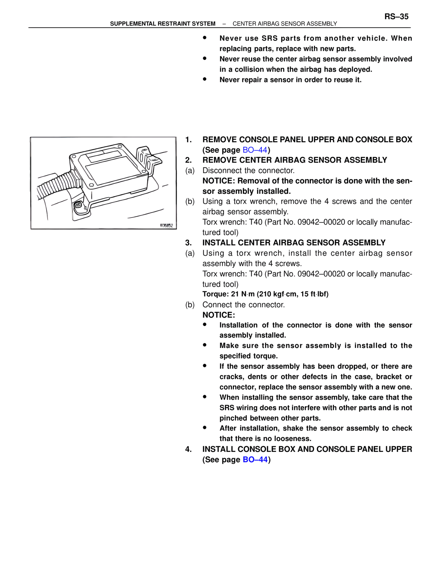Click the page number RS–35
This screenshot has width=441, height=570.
pyautogui.click(x=396, y=17)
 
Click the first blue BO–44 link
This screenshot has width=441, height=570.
pyautogui.click(x=255, y=150)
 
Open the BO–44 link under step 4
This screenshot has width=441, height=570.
pyautogui.click(x=255, y=460)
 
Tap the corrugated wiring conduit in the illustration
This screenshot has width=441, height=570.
pyautogui.click(x=57, y=184)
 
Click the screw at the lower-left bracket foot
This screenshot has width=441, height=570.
pyautogui.click(x=79, y=206)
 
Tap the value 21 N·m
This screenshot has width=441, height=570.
pyautogui.click(x=243, y=294)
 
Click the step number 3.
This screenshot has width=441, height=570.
pyautogui.click(x=188, y=243)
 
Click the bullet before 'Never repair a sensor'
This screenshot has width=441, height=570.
pyautogui.click(x=205, y=79)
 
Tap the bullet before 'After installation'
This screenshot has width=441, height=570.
pyautogui.click(x=205, y=428)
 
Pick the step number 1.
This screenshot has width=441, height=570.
pyautogui.click(x=188, y=140)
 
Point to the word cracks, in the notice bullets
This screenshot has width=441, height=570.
pyautogui.click(x=231, y=377)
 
